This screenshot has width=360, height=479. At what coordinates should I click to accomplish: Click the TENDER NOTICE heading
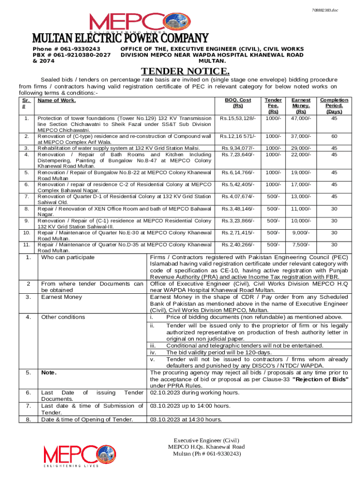pyautogui.click(x=186, y=72)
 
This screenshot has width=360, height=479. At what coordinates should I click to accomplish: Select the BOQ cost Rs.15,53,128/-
pyautogui.click(x=238, y=118)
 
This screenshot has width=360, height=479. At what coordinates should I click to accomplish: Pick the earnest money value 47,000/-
pyautogui.click(x=302, y=118)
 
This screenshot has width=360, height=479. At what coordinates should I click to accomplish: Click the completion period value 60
pyautogui.click(x=334, y=136)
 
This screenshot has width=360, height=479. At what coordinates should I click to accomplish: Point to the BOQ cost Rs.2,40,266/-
pyautogui.click(x=238, y=244)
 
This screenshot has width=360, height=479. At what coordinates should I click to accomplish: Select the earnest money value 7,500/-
pyautogui.click(x=302, y=244)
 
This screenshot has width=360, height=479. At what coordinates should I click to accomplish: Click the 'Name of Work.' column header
pyautogui.click(x=57, y=100)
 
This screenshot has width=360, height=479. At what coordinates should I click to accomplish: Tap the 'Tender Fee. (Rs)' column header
pyautogui.click(x=274, y=106)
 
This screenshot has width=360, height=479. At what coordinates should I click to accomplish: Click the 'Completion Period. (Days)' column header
pyautogui.click(x=334, y=106)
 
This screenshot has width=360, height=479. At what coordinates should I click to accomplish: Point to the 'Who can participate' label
pyautogui.click(x=68, y=257)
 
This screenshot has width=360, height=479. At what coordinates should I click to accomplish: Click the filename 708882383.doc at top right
pyautogui.click(x=338, y=10)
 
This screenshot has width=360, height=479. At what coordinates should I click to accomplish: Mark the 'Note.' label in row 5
pyautogui.click(x=49, y=372)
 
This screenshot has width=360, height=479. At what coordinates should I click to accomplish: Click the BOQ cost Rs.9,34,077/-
pyautogui.click(x=238, y=148)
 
